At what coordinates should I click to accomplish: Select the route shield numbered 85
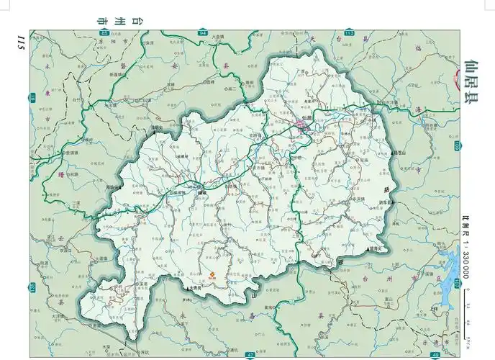[x=105, y=33]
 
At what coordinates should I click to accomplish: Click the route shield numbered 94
[x=203, y=33]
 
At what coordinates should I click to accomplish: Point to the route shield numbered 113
[x=350, y=33]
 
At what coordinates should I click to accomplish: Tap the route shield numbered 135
[x=33, y=288]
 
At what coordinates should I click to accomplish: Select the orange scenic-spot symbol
[x=212, y=273]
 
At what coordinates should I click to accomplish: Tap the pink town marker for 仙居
[x=300, y=127]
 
